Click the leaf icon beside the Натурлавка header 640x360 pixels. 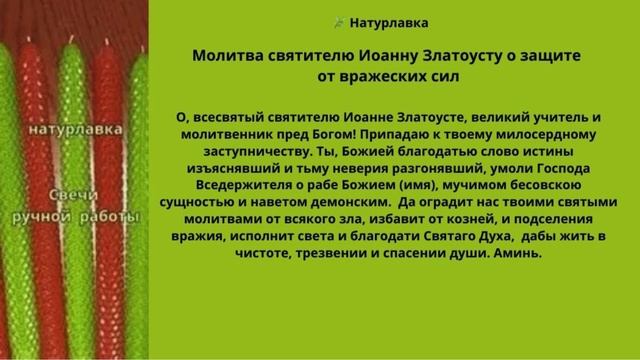[x=339, y=21]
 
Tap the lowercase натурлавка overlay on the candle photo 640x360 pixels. [x=75, y=130]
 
